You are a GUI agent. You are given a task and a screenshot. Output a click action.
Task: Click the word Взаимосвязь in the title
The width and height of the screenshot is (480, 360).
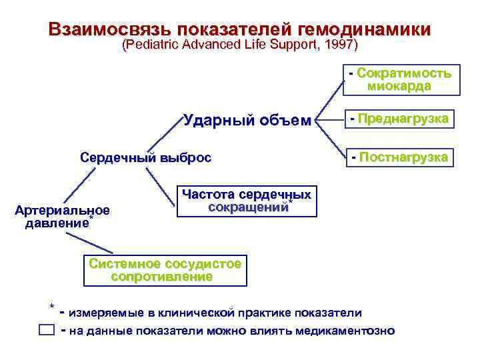[x=108, y=29]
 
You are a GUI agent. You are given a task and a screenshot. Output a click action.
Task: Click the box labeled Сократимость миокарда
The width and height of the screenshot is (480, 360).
[x=399, y=79]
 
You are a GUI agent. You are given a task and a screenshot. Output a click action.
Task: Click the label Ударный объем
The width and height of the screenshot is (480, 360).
[x=247, y=121]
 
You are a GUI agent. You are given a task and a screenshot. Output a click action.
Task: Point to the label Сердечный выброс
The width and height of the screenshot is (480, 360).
[x=145, y=158]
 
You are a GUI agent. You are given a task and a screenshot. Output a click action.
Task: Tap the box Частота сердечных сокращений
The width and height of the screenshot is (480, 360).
[x=246, y=201]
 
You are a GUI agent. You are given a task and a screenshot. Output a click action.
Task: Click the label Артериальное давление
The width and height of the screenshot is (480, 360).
[x=62, y=217]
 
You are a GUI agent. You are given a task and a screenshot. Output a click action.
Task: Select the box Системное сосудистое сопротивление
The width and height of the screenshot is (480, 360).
[x=164, y=270]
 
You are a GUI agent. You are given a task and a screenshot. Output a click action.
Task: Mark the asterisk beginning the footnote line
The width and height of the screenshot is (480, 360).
[x=52, y=307]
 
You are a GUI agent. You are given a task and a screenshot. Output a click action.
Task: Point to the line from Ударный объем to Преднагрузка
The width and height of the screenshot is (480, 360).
[x=329, y=120]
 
